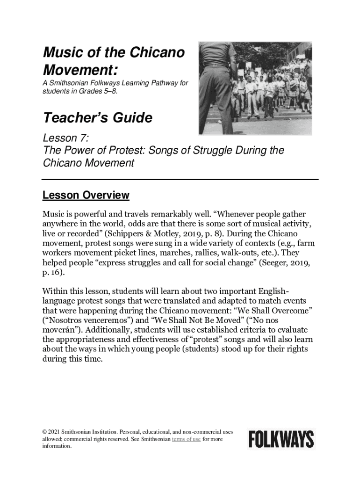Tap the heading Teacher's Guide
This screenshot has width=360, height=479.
tap(97, 118)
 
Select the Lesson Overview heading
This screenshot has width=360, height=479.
tap(86, 195)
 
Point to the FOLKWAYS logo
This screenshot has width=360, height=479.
tap(281, 439)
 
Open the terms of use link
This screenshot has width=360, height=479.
tap(187, 439)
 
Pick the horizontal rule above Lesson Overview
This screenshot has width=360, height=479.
tap(180, 179)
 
